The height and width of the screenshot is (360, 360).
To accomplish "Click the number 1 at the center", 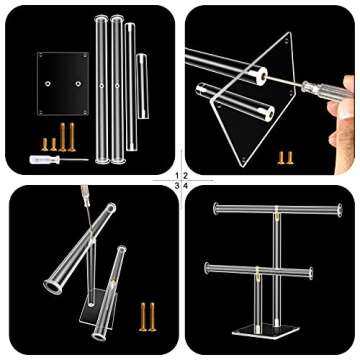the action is point(177,175).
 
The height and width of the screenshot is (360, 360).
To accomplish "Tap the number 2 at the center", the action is point(185,175).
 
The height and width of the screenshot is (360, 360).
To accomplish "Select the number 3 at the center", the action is point(177,185).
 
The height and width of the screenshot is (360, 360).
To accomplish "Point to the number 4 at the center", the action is point(186,185).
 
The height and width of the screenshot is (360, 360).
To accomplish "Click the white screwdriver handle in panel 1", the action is point(45,160).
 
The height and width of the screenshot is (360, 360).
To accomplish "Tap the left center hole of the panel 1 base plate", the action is point(49,83).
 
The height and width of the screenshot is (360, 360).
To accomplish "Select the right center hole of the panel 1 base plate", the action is point(78,83).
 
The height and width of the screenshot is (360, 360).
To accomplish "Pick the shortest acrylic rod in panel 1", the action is point(142,86).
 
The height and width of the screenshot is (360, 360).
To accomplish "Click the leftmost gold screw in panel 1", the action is point(45,144).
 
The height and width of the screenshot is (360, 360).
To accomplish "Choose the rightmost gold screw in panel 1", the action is point(72,137).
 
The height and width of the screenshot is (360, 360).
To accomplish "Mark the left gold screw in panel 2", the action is point(281,158).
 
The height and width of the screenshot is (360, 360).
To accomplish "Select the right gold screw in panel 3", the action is point(152,317).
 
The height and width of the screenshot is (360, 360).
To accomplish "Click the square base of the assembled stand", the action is point(266,330).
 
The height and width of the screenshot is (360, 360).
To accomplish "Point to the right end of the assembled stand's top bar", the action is point(340,210).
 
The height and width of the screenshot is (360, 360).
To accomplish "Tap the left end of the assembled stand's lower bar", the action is point(207,268).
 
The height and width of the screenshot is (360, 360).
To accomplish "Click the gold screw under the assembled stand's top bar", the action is point(277,216).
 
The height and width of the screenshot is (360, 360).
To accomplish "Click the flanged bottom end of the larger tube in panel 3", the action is point(53,287).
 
